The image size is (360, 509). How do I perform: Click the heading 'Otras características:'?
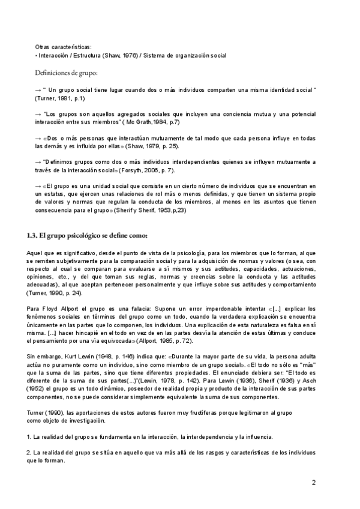point(63,46)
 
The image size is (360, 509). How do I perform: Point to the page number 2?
point(313,482)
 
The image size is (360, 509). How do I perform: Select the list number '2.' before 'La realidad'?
point(37,451)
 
